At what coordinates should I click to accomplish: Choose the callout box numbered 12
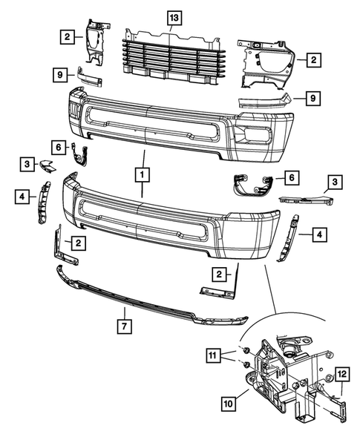pos(342,375)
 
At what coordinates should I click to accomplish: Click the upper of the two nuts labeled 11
pos(243,350)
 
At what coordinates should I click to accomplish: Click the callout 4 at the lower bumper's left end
pos(22,196)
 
